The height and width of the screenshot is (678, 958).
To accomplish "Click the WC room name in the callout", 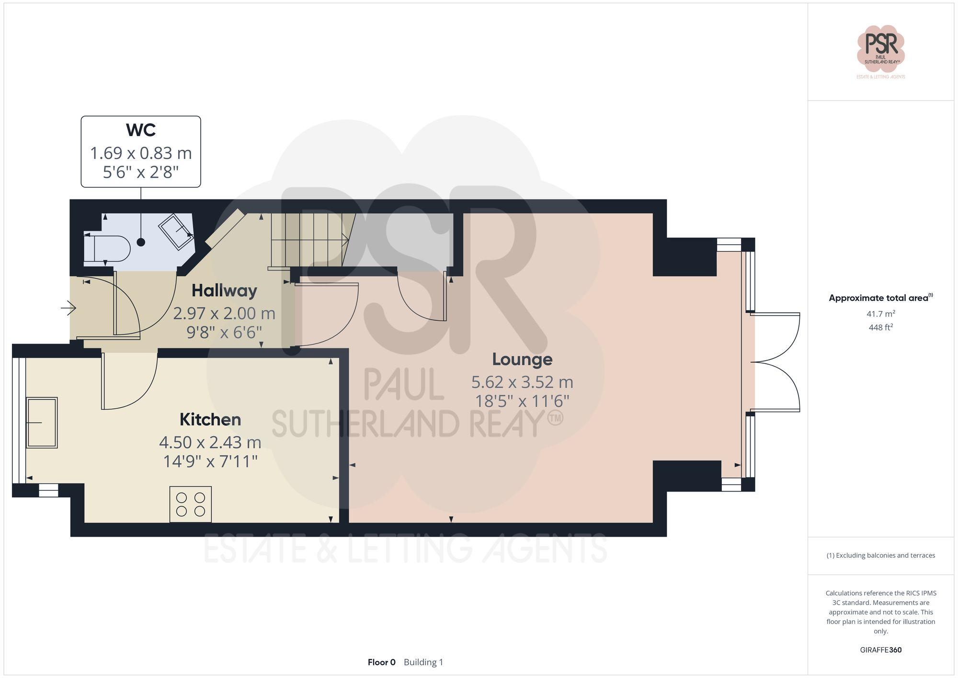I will point(141,130).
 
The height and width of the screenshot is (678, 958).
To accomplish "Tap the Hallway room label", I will point(224,290).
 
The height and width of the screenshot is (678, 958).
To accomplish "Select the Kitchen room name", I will point(210,420).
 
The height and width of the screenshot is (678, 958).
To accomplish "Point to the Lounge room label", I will point(522,359).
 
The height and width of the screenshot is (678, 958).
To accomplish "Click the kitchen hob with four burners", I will point(190,504).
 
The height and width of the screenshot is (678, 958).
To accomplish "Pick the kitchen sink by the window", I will point(42,422).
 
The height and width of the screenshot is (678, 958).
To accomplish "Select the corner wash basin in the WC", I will point(176,231).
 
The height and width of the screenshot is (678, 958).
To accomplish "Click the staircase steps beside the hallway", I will point(307,240).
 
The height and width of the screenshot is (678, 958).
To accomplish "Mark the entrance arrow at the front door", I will point(69,308).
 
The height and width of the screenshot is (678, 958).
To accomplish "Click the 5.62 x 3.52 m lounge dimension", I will point(522,382).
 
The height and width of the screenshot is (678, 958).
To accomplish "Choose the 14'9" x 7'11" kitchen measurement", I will point(210,461).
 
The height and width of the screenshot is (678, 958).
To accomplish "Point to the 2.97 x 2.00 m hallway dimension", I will point(224,313).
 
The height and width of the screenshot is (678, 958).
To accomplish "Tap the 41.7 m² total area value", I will point(880,314).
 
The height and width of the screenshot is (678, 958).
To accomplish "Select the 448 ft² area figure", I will point(880,328).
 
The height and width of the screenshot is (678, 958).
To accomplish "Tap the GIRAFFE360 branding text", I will point(880,650).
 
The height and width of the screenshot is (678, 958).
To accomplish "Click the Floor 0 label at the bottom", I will point(381,662).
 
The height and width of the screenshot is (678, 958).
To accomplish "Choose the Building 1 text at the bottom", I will point(423,662).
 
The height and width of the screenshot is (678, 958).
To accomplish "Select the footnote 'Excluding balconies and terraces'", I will point(880,555).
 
